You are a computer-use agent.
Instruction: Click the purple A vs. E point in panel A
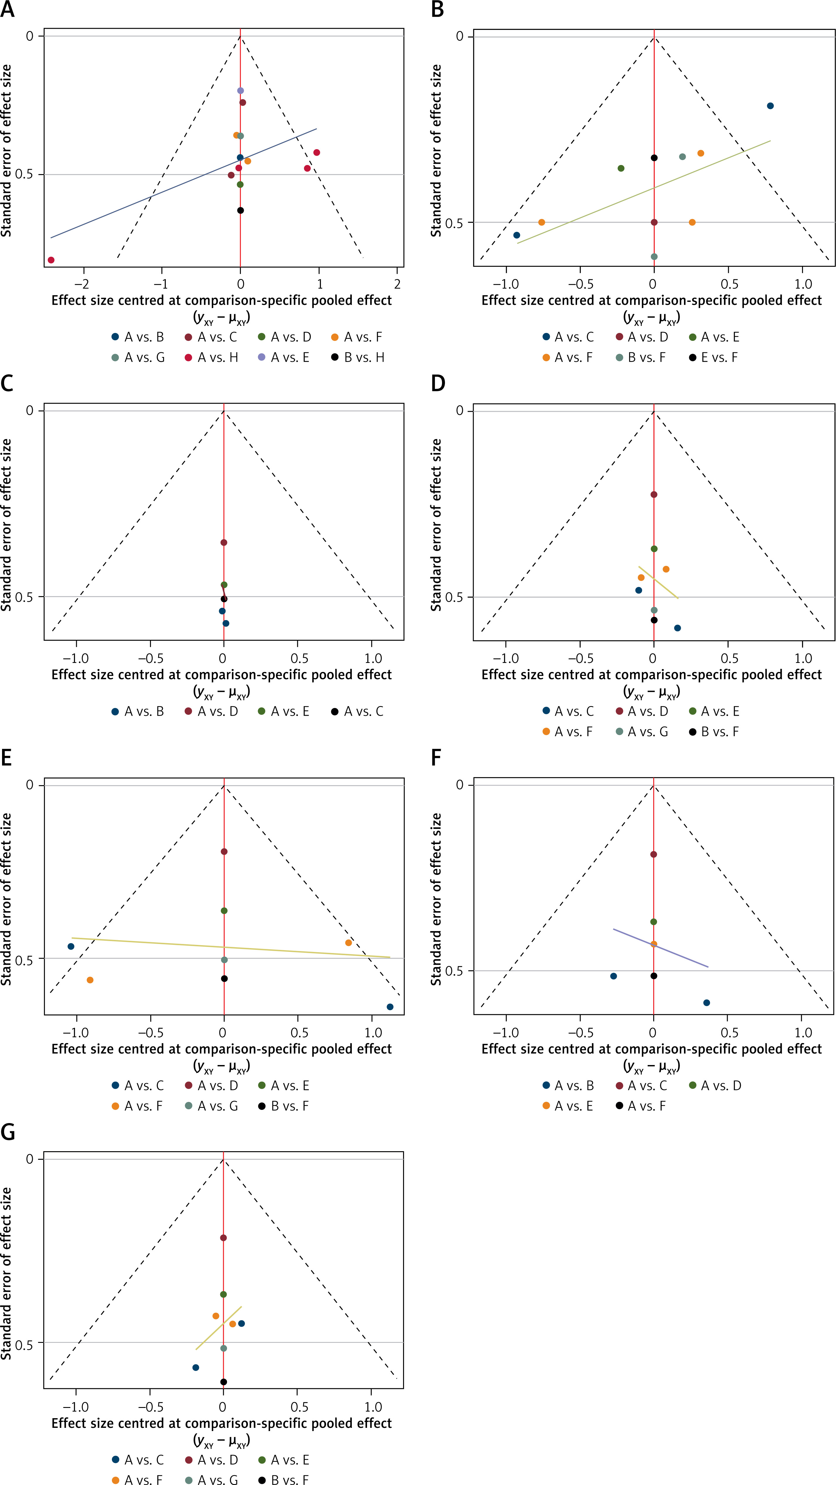[x=240, y=91]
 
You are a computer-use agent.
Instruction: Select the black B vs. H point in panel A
[x=240, y=210]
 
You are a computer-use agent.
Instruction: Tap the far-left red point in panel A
[x=51, y=260]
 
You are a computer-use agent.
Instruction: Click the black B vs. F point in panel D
[x=654, y=620]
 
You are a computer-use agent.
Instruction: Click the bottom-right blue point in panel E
[x=390, y=1007]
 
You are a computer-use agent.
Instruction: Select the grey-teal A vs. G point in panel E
[x=224, y=960]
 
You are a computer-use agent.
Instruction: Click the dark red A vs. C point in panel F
[x=653, y=854]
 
